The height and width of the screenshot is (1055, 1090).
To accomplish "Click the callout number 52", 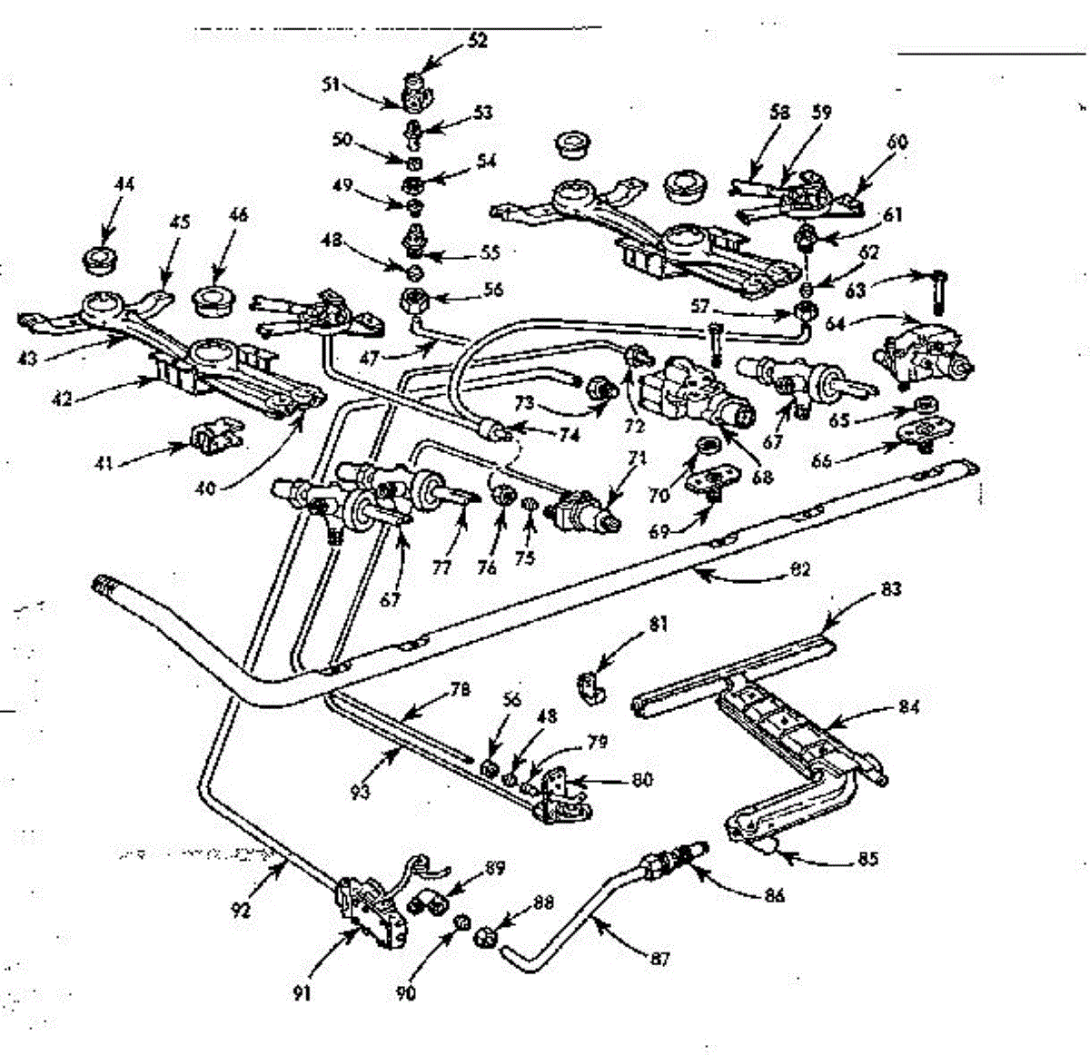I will (x=478, y=41).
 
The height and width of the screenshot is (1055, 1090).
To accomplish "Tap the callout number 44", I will (x=124, y=184).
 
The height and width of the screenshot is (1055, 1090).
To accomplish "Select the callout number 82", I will (x=800, y=571).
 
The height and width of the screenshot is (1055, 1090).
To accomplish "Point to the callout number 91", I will (x=302, y=993).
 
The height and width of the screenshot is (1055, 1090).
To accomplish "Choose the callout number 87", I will (x=661, y=958).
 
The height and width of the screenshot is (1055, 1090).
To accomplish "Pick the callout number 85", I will (x=868, y=857).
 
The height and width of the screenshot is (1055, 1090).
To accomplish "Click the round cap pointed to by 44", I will (x=98, y=259).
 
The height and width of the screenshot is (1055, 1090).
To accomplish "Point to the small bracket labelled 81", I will (x=592, y=687).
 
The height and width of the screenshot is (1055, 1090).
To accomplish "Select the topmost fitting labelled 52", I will (x=415, y=87).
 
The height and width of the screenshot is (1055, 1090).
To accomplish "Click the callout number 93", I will (x=361, y=792).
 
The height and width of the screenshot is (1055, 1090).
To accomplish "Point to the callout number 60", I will (x=897, y=142).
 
